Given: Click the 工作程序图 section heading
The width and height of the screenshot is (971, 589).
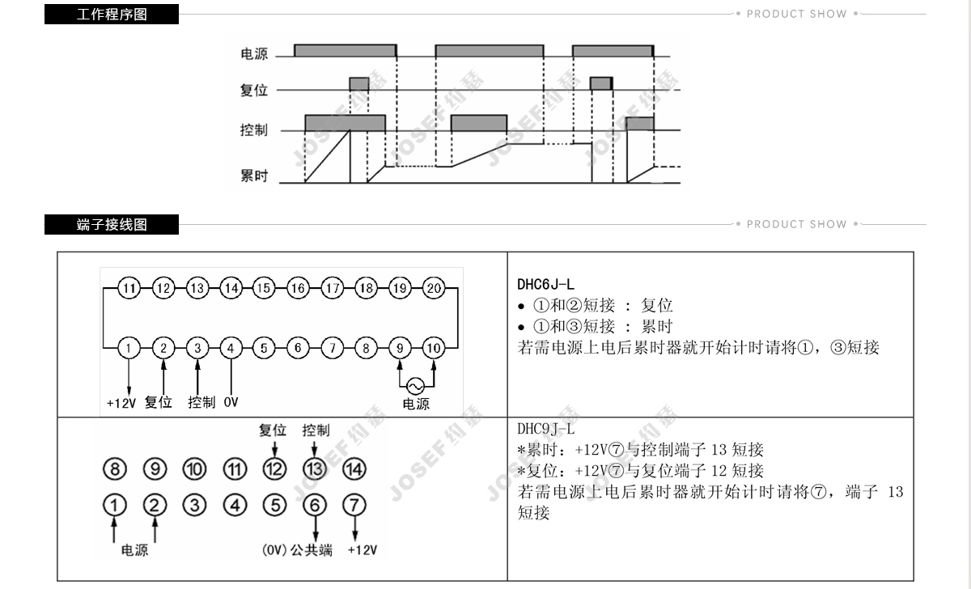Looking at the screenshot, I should click(112, 14).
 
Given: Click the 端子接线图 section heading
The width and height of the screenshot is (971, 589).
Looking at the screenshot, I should click(112, 224).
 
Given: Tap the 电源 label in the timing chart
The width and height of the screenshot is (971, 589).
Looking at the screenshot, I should click(254, 55).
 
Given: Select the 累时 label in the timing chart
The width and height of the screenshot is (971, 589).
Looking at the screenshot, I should click(253, 176).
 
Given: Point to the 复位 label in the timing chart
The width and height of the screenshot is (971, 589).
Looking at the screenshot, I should click(253, 91).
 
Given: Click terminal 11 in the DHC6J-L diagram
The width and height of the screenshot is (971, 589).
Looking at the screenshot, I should click(129, 288).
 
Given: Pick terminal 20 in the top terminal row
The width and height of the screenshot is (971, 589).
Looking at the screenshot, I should click(435, 288).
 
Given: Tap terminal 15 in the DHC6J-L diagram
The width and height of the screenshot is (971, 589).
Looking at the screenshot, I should click(265, 288).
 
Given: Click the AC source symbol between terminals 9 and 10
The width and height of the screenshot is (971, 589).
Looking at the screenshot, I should click(417, 385).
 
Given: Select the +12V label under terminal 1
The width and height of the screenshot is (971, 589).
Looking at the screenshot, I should click(121, 403).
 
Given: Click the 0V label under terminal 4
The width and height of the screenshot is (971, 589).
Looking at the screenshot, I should click(231, 402).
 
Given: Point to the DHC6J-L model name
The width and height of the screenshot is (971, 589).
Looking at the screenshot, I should click(546, 284).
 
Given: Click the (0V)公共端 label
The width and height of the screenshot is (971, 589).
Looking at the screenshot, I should click(298, 550).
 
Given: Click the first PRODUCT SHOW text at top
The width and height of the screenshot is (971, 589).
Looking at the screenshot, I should click(796, 14).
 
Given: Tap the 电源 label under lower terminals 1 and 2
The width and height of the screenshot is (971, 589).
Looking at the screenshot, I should click(134, 550).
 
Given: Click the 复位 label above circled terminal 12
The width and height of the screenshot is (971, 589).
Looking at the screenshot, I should click(273, 430).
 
